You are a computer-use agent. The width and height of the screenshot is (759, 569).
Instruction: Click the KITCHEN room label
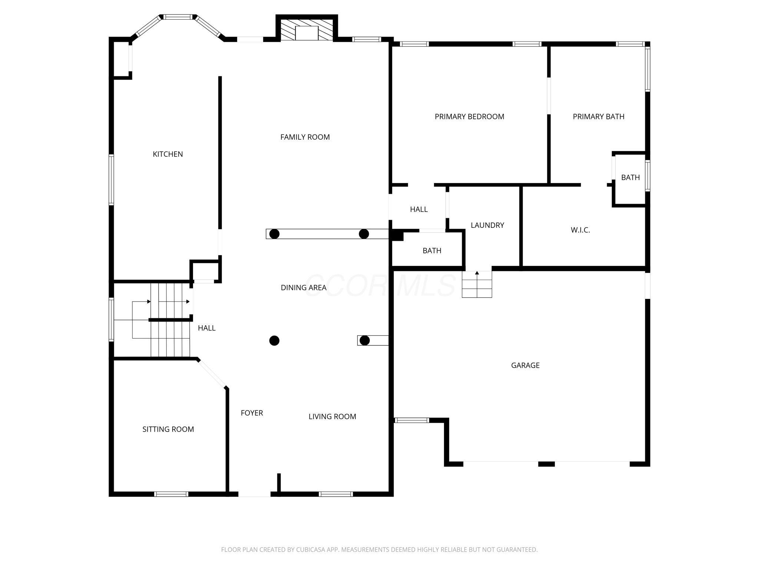point(168,154)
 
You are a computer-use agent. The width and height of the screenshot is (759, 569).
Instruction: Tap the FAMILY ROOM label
point(305,137)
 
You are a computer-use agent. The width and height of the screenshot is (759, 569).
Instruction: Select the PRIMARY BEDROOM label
point(469,117)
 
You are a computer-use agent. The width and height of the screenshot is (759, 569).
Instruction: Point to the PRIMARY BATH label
point(598,117)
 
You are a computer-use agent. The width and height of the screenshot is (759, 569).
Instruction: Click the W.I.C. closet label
point(580,230)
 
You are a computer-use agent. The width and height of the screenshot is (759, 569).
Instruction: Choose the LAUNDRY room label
point(487,225)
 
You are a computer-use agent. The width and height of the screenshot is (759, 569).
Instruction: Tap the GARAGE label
point(525,365)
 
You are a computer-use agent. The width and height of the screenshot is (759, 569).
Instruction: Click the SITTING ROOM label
point(168,429)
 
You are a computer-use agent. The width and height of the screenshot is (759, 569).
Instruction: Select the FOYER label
point(252,413)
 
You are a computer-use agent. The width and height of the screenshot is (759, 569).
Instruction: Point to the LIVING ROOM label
point(332,417)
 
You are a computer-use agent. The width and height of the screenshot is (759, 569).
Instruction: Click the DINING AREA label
point(304,287)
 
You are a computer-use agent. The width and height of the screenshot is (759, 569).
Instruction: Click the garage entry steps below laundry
point(477,284)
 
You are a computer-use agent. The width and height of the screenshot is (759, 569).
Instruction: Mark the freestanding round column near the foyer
point(274,340)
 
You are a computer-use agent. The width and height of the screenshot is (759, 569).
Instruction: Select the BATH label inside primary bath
point(630,177)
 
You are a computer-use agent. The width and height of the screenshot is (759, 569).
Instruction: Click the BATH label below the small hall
point(432,251)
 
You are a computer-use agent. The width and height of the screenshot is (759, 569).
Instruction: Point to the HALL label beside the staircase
point(206,328)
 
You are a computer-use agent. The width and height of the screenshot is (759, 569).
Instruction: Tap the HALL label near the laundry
point(419,210)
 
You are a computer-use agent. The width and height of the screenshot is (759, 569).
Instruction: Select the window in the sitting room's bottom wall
point(171,494)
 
